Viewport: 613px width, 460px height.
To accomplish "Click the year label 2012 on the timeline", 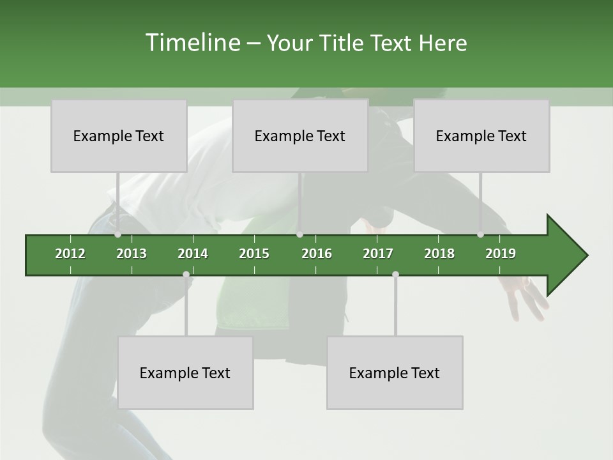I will (70, 254).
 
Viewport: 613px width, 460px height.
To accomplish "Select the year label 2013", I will (132, 254).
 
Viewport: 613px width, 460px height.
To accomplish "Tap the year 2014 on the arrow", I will (193, 254).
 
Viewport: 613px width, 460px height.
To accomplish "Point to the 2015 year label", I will (254, 254).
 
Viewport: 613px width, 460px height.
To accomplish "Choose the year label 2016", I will (317, 254).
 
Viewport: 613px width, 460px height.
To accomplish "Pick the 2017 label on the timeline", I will (378, 254).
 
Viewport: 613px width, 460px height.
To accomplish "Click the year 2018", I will (439, 254).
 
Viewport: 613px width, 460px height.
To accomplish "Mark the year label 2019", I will (501, 254).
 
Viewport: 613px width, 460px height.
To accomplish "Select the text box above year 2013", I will (119, 136).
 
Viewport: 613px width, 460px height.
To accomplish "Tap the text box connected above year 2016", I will (300, 136).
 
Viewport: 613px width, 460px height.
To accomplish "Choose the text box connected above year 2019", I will (481, 136).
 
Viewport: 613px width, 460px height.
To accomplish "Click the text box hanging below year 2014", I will (185, 373).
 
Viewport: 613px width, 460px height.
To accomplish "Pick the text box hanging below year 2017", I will (395, 373).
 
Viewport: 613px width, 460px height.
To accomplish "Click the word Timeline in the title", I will (192, 43).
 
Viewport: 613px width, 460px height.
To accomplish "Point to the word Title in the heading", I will (344, 43).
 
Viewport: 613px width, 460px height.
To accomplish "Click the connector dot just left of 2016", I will (300, 234).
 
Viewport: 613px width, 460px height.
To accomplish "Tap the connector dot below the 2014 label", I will (186, 275).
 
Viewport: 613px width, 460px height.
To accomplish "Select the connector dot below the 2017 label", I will (395, 275).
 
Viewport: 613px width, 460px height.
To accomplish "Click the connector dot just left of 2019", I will (481, 234).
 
